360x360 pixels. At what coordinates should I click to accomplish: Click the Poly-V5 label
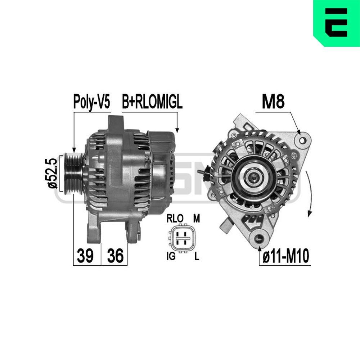click(x=91, y=102)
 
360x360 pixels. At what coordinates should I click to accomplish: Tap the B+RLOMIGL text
click(x=152, y=102)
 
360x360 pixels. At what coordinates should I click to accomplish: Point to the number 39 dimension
click(x=86, y=256)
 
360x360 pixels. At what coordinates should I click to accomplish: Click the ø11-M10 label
click(x=285, y=257)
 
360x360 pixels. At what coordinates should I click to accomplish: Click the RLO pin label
click(x=175, y=218)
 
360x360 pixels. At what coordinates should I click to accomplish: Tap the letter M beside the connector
click(x=197, y=218)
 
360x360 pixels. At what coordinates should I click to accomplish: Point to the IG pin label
click(x=171, y=257)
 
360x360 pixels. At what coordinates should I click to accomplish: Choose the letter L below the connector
click(x=197, y=257)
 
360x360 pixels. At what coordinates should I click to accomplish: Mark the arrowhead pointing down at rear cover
click(x=177, y=129)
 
